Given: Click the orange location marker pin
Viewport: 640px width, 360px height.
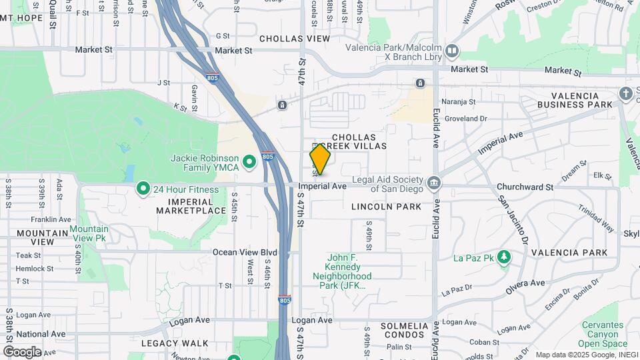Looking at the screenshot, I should (321, 159).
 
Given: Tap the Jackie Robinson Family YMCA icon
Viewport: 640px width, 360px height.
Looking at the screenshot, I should (249, 161).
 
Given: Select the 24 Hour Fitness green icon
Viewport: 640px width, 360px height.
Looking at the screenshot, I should (143, 189).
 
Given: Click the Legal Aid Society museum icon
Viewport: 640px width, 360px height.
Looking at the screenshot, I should (433, 183).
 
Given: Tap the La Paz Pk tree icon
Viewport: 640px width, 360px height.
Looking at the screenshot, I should (505, 257).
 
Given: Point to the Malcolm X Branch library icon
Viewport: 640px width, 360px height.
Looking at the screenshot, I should (452, 51).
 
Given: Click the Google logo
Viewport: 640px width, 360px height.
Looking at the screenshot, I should (22, 351).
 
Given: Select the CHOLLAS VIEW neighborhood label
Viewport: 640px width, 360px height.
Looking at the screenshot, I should (295, 39).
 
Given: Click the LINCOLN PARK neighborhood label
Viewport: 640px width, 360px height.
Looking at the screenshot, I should (387, 207).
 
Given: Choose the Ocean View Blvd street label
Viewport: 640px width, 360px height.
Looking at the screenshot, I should (245, 253).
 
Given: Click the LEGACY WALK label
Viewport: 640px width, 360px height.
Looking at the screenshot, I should (169, 343).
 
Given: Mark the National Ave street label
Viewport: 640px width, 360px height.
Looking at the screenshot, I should (41, 334).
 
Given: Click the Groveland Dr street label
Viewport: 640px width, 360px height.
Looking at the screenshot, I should (466, 119).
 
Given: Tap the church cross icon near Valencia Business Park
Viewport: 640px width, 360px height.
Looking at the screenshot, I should (626, 93).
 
